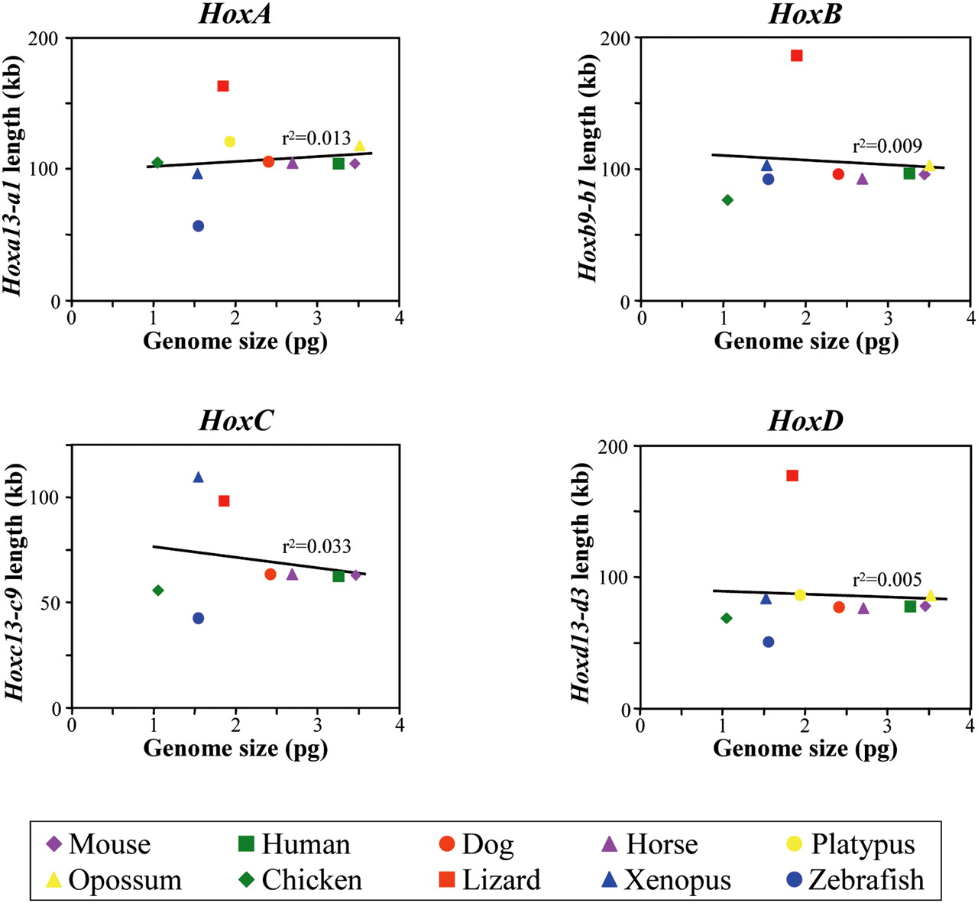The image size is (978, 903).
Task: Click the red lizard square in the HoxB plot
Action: point(796,55)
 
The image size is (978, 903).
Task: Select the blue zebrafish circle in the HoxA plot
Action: point(198,225)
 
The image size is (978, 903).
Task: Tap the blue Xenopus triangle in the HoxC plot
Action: point(198,477)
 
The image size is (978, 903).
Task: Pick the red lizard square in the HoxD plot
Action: point(792,475)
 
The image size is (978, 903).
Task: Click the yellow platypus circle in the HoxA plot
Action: point(229,141)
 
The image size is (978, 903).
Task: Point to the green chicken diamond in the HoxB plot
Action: point(727,200)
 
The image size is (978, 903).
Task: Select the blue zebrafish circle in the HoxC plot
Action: point(198,618)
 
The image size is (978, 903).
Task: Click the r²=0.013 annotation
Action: point(316,139)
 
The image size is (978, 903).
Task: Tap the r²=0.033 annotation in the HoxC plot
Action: point(316,546)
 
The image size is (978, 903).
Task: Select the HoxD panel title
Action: point(805,421)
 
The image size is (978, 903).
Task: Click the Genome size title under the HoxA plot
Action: point(235,341)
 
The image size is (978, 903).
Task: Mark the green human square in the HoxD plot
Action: point(910,606)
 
